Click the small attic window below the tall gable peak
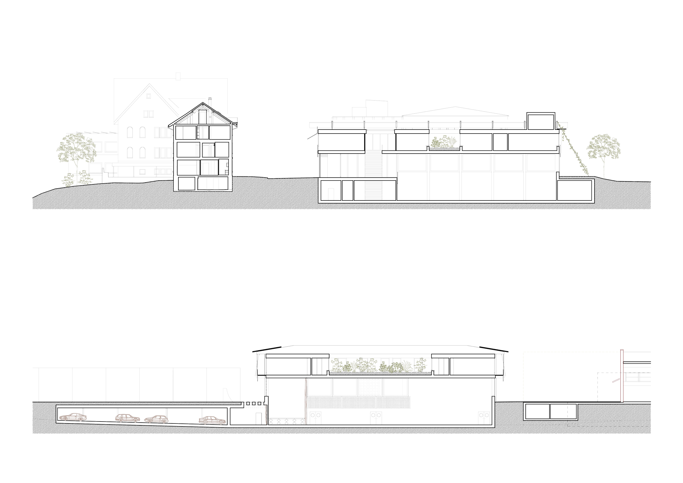point(148,96)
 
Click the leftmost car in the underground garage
point(73,417)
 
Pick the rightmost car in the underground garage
point(212,420)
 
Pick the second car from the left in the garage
point(128,418)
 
